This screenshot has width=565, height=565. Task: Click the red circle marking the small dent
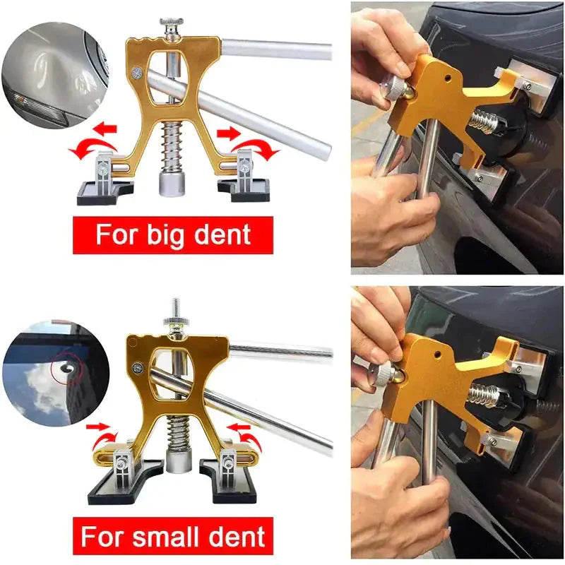coord(64,367)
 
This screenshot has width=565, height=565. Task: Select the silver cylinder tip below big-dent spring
coord(170,186)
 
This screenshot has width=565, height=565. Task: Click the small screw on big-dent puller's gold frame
coord(136,71)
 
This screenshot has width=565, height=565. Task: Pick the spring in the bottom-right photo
coord(482,396)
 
